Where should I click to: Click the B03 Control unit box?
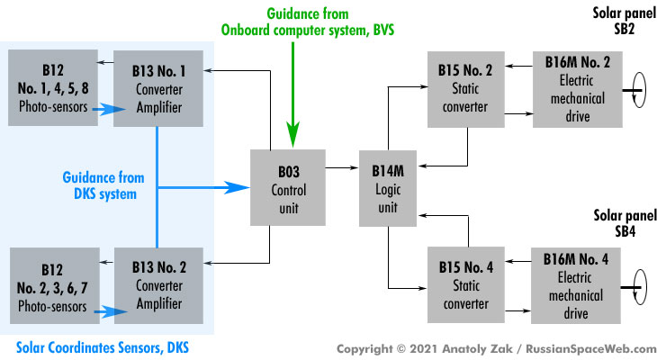288,187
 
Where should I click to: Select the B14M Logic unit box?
388,188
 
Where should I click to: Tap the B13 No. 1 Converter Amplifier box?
158,88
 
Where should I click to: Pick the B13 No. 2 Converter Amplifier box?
158,285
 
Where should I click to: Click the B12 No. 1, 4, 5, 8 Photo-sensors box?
53,87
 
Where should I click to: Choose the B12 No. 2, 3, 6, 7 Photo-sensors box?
55,285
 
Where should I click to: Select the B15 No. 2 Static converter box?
466,89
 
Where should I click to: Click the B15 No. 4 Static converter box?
466,284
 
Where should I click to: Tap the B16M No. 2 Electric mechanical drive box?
578,89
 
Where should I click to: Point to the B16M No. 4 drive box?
576,285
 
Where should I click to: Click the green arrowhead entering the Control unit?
292,134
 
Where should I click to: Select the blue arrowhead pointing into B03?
237,187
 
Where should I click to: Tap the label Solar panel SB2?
625,21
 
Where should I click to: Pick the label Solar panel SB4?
625,223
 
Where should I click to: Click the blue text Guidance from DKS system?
103,185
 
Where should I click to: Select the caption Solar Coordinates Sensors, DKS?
103,347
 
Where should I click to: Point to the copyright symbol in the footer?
401,348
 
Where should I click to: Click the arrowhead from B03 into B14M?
355,167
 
